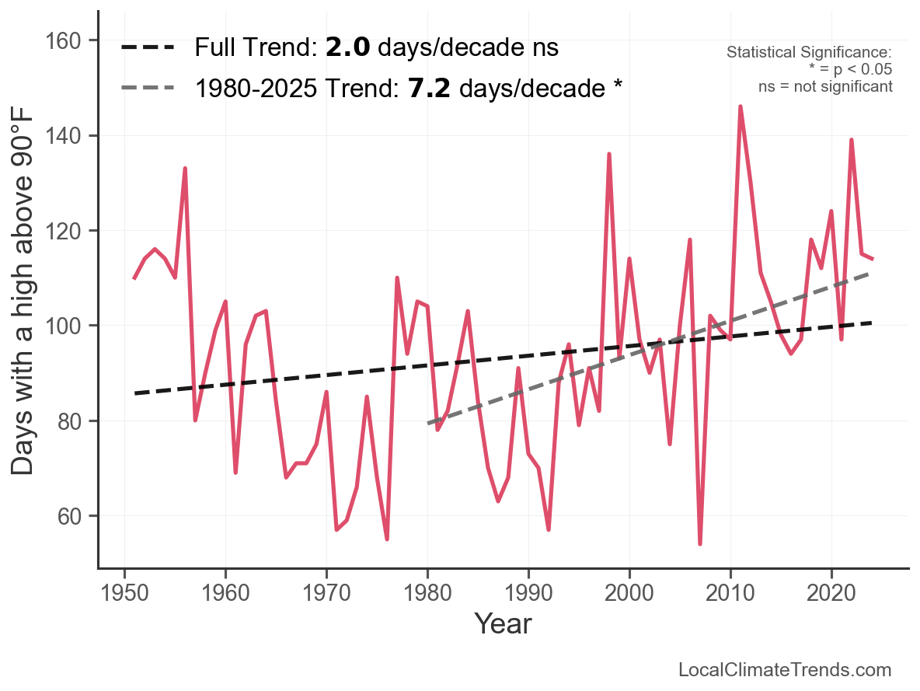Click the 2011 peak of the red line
click(x=740, y=106)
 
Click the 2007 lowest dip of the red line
click(x=700, y=543)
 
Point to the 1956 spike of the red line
click(x=185, y=169)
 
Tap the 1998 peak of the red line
click(x=609, y=154)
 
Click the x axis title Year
click(x=503, y=623)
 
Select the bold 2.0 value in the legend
click(x=347, y=48)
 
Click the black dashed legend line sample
click(x=148, y=48)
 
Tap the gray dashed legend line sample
click(x=148, y=89)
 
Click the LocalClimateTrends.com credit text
click(x=785, y=669)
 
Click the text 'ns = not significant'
click(x=825, y=86)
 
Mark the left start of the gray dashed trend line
click(x=428, y=424)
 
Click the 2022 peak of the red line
click(x=852, y=140)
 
